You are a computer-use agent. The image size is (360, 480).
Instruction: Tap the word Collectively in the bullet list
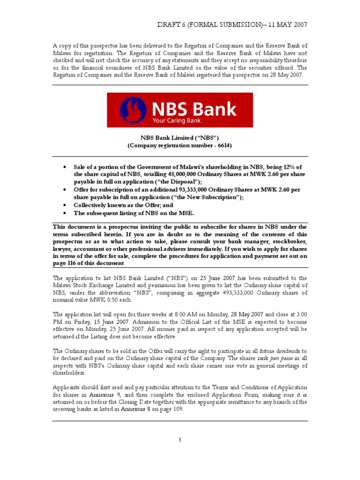(x=91, y=205)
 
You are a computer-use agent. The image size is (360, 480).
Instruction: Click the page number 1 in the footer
(x=180, y=439)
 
